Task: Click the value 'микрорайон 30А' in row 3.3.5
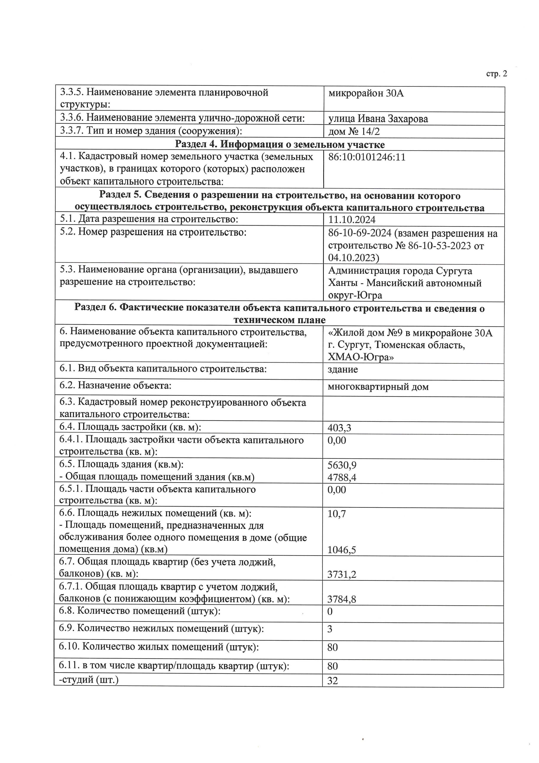click(366, 93)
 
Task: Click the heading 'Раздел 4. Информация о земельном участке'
click(280, 145)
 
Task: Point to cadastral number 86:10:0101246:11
click(367, 157)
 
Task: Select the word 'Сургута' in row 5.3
click(454, 271)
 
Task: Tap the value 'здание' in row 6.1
click(343, 370)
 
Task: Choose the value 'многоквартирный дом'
click(378, 387)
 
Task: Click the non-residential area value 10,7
click(337, 514)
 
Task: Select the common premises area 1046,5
click(342, 550)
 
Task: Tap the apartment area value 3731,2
click(342, 575)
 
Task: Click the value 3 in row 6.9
click(330, 629)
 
